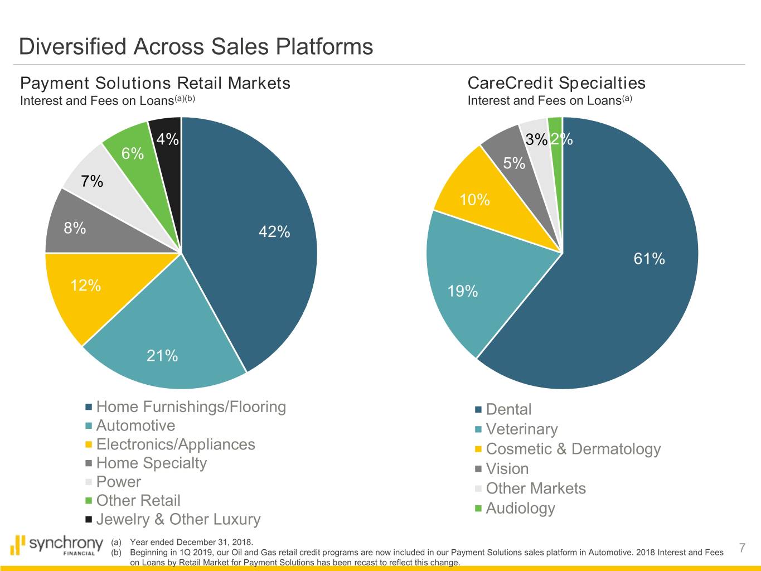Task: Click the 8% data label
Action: point(75,228)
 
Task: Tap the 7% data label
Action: point(92,181)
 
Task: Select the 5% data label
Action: point(514,163)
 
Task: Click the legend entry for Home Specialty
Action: point(151,463)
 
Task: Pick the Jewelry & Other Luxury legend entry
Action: point(178,520)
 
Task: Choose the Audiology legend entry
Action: point(520,509)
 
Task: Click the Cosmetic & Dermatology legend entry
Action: point(573,449)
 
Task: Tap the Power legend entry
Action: point(118,482)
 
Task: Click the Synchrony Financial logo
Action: point(58,545)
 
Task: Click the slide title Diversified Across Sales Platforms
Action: point(196,46)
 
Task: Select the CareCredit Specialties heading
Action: point(556,84)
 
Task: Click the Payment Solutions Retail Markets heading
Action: point(155,84)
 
